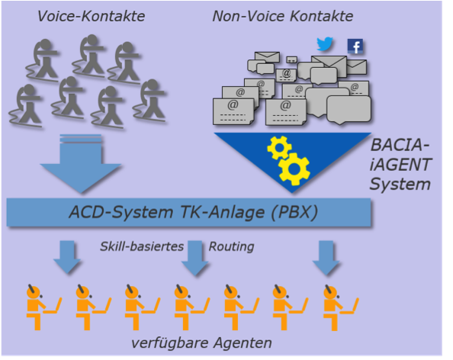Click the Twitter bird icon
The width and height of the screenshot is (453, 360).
(325, 44)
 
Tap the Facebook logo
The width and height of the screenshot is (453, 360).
(355, 47)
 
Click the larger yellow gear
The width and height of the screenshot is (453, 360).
(294, 169)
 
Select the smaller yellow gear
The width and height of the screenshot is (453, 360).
(279, 147)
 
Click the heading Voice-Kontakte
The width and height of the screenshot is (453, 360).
(92, 16)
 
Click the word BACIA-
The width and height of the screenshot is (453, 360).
(400, 145)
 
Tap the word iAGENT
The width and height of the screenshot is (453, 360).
(400, 165)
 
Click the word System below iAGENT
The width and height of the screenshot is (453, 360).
(400, 185)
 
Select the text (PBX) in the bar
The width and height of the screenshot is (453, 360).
(294, 212)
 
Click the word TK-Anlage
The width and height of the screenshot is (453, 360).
(222, 212)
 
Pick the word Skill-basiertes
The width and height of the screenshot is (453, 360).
(142, 246)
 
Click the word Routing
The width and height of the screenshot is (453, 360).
(231, 247)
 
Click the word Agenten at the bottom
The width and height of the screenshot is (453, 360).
(243, 344)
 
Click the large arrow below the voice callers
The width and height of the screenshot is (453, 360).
(81, 163)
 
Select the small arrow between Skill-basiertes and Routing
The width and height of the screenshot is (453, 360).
(194, 258)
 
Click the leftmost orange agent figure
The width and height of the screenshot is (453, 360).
(43, 307)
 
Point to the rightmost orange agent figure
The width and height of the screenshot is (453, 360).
(340, 307)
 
